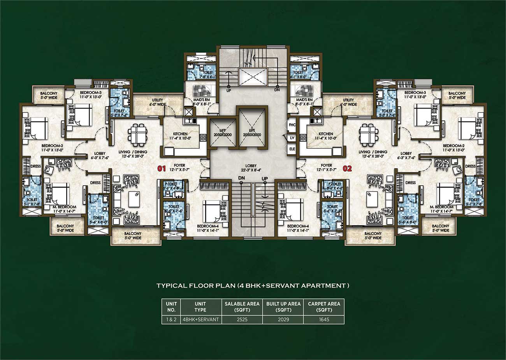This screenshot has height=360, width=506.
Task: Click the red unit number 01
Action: pos(161,169)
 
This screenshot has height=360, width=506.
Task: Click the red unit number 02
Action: pos(347,169)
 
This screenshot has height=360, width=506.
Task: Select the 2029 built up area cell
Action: pos(283,320)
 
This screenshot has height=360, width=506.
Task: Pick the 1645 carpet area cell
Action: pos(324,320)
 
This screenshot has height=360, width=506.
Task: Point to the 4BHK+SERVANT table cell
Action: pos(200,320)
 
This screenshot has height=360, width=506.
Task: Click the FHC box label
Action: pos(292,125)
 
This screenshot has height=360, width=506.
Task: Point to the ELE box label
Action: pos(292,149)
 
